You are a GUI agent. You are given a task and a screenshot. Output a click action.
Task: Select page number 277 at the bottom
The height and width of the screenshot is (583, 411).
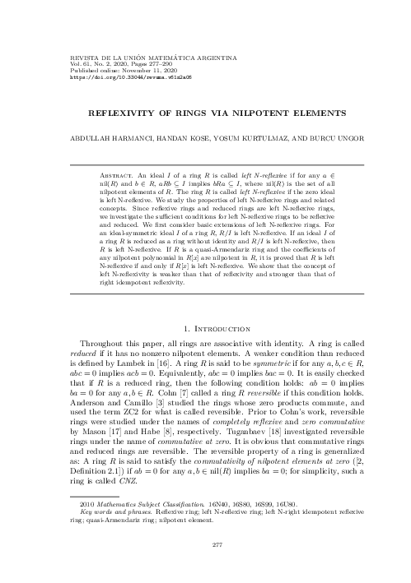click(x=205, y=544)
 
